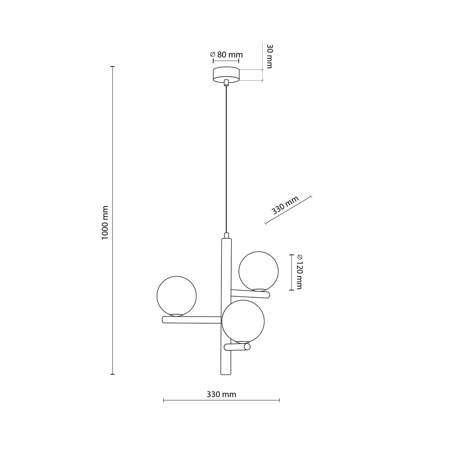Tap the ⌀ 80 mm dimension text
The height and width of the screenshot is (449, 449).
coord(226,55)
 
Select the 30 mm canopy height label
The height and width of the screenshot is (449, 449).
coord(269,56)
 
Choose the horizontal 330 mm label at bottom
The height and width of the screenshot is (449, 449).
coord(221,395)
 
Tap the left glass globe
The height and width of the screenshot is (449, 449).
coord(176,295)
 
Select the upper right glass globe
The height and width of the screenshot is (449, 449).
coord(259,271)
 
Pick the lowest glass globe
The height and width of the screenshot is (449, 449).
coord(243,321)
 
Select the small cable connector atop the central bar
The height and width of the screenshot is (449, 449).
coord(227,235)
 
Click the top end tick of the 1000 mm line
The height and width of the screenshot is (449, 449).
coord(112,66)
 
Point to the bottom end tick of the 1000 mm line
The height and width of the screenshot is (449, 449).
coord(112,374)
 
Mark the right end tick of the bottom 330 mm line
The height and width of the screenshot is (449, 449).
coord(279,400)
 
